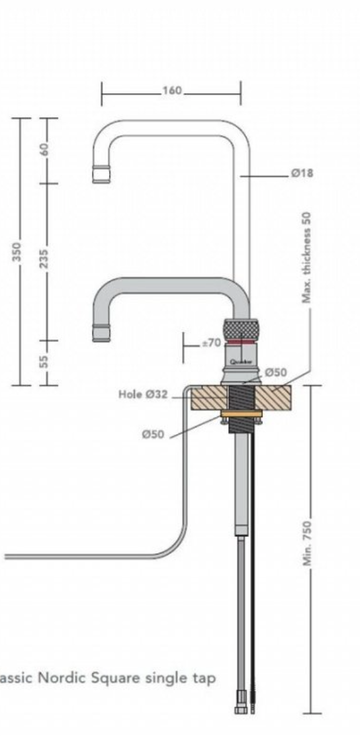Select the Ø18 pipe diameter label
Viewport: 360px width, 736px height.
[301, 173]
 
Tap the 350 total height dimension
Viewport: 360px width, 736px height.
[17, 252]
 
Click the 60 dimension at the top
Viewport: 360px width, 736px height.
[45, 149]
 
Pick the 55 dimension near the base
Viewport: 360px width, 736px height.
[44, 361]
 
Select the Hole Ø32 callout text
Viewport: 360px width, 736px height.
[142, 394]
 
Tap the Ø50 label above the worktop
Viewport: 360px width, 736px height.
[276, 373]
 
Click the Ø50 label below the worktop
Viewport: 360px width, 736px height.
[154, 434]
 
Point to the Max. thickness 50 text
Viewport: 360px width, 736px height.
[306, 257]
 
